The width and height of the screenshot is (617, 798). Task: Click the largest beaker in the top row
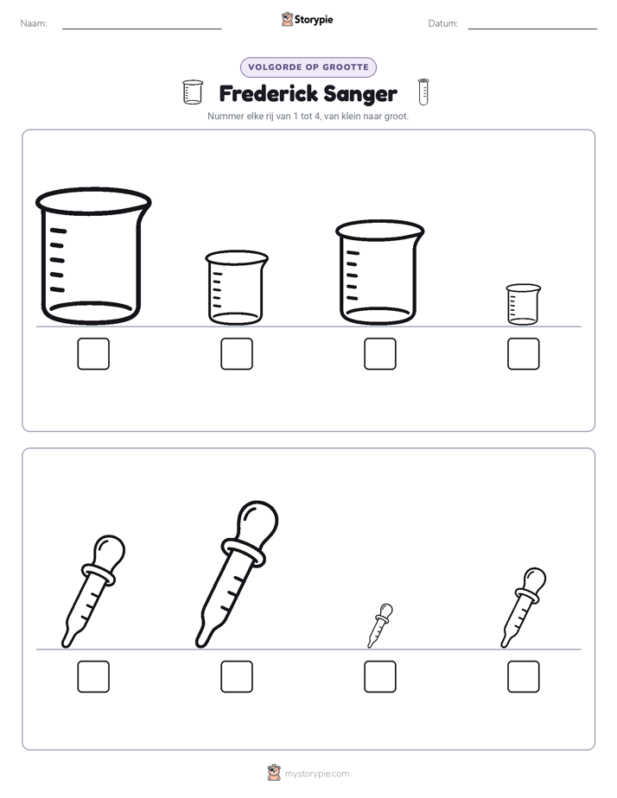point(93,256)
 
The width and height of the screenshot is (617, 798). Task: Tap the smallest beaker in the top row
point(524,304)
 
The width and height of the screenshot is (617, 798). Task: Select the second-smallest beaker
point(237,288)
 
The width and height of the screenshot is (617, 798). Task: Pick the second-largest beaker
point(379,272)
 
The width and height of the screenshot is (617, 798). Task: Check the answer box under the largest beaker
point(93,354)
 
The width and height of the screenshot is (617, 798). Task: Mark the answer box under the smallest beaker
point(524,354)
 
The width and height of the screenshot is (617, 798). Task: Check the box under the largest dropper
point(237,677)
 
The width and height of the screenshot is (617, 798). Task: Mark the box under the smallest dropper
point(380,677)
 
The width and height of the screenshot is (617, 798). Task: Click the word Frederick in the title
point(268,93)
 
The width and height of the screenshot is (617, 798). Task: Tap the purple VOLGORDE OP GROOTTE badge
point(308,67)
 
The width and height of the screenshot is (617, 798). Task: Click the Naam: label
point(34,23)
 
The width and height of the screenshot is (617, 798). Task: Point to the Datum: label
point(443,23)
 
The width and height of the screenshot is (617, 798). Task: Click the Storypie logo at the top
point(308,19)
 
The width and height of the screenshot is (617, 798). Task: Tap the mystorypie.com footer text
point(316,774)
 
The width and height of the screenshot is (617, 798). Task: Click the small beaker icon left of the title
point(193,92)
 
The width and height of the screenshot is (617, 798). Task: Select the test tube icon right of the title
point(423,92)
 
